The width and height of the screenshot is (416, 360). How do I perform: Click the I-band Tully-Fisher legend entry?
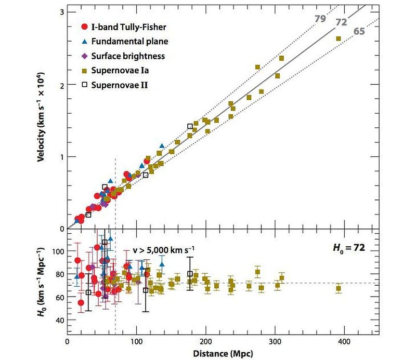point(127,26)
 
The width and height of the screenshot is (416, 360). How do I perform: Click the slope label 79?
point(320,19)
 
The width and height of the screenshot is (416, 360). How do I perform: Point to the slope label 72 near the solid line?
point(341,22)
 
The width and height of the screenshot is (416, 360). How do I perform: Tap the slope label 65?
point(359,32)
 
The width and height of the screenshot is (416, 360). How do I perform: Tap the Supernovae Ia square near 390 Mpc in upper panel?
point(339,38)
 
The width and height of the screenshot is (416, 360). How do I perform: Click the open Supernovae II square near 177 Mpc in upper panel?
point(190,126)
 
